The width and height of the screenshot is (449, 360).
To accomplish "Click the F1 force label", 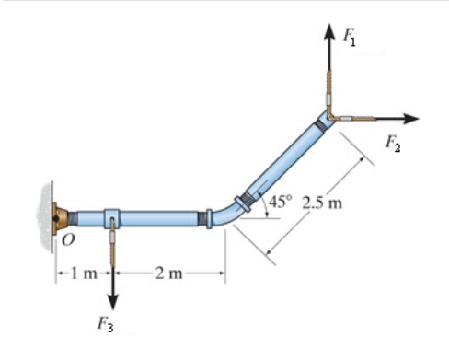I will click(x=350, y=39).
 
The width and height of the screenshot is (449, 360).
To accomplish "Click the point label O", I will click(x=67, y=241).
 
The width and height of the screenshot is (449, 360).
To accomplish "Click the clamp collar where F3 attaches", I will click(x=111, y=219).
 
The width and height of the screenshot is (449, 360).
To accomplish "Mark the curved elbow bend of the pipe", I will click(x=224, y=215).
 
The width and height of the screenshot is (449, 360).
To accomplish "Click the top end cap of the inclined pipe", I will click(x=324, y=121).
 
